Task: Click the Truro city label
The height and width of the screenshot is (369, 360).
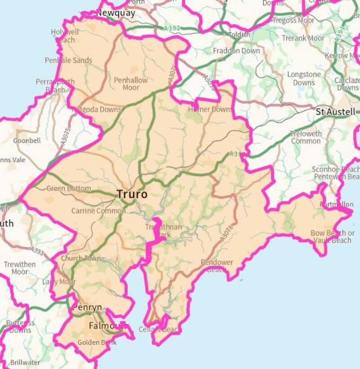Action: (x=132, y=195)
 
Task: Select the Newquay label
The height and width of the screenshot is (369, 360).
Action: (x=116, y=13)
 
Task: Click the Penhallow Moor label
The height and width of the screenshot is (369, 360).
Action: (x=130, y=84)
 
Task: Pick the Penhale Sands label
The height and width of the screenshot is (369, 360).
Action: (x=68, y=60)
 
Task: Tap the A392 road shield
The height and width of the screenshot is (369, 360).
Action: (x=172, y=28)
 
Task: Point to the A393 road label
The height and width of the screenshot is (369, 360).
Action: (x=37, y=250)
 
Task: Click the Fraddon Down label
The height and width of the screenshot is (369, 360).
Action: (x=236, y=51)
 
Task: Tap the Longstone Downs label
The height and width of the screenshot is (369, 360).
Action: (x=304, y=78)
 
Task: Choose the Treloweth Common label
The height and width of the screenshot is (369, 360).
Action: (x=306, y=137)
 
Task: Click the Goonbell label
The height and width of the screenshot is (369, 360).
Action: (x=27, y=141)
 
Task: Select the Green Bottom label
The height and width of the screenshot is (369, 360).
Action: (x=68, y=188)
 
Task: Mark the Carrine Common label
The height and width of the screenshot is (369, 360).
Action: (x=99, y=210)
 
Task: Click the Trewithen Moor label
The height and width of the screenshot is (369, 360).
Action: (x=20, y=268)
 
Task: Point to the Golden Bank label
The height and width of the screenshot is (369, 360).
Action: (x=97, y=342)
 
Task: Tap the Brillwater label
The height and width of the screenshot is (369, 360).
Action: (x=25, y=362)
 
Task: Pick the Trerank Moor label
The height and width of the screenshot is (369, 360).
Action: (x=303, y=38)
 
